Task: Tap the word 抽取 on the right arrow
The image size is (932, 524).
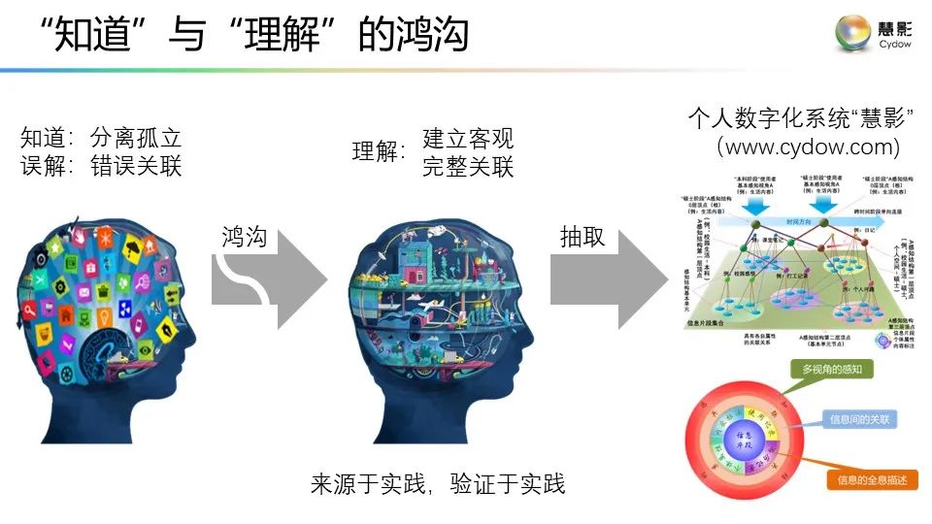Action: click(x=582, y=238)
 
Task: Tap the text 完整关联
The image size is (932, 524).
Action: click(x=467, y=166)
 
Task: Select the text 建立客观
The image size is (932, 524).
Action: click(x=467, y=138)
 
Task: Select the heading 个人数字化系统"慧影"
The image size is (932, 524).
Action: click(x=803, y=119)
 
